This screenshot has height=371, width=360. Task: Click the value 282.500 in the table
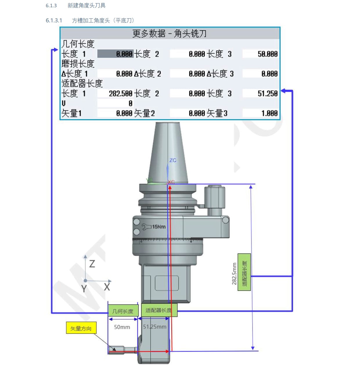[x=120, y=94]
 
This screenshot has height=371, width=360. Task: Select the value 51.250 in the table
[x=267, y=94]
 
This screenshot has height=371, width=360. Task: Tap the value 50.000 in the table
[x=267, y=54]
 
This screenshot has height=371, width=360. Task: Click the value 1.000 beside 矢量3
[x=269, y=113]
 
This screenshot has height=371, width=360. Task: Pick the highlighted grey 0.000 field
[x=116, y=54]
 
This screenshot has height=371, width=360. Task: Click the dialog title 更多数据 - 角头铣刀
[x=169, y=33]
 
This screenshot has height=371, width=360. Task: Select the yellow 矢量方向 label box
[x=81, y=329]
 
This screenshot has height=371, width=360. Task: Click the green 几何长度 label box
[x=123, y=311]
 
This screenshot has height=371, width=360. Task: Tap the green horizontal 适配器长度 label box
[x=159, y=310]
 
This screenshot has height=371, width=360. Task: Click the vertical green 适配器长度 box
[x=244, y=272]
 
